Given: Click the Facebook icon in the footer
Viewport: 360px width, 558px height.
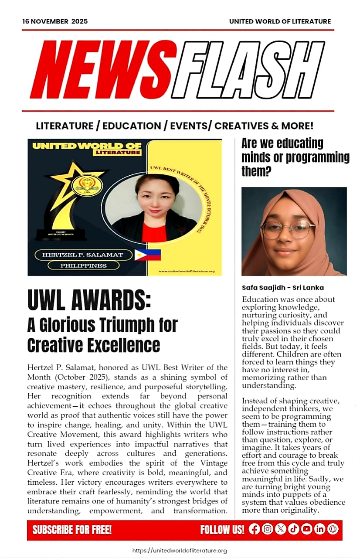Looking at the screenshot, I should click(255, 529).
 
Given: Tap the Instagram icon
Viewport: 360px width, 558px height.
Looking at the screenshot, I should click(268, 529).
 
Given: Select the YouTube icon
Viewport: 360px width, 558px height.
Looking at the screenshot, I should click(307, 529).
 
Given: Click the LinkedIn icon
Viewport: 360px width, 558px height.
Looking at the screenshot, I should click(320, 529).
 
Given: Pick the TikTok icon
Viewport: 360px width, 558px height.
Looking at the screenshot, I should click(294, 529).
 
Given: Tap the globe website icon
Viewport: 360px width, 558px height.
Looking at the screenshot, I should click(333, 529).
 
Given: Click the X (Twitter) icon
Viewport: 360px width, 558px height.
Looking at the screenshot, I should click(281, 529).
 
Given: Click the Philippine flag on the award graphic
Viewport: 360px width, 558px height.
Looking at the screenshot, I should click(147, 255).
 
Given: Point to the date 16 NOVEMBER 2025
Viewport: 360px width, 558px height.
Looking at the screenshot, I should click(55, 21).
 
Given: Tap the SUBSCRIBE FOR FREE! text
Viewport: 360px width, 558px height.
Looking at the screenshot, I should click(72, 530).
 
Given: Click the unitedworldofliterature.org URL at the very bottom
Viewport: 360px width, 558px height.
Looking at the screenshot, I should click(179, 551).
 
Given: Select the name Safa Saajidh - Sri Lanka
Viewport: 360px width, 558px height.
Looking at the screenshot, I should click(282, 288).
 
